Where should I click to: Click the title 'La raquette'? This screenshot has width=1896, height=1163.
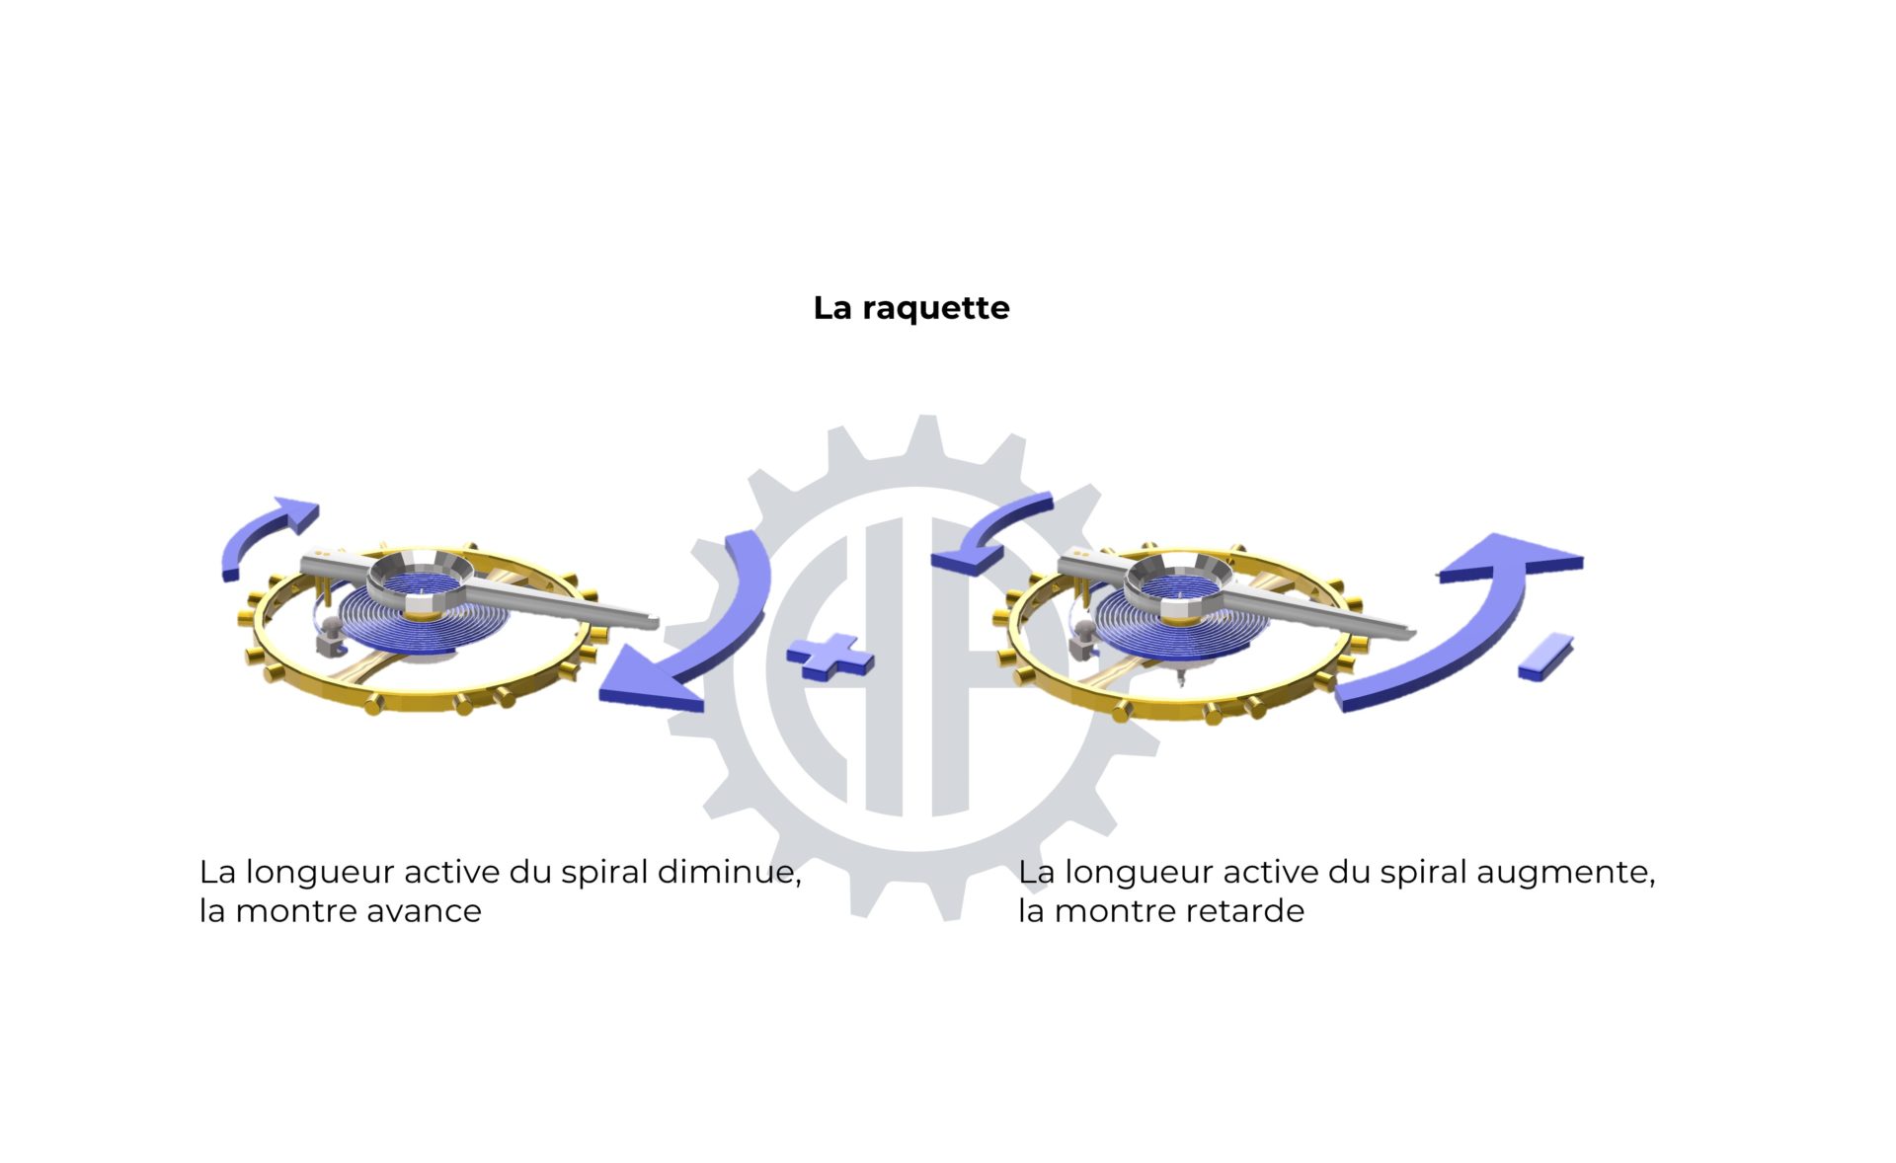coord(910,308)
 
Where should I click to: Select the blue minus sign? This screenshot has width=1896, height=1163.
coord(1545,656)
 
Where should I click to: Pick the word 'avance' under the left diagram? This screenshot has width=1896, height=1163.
coord(424,911)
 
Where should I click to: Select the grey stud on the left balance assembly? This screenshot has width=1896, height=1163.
coord(328,634)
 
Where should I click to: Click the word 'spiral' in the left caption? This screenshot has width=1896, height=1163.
coord(604,874)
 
